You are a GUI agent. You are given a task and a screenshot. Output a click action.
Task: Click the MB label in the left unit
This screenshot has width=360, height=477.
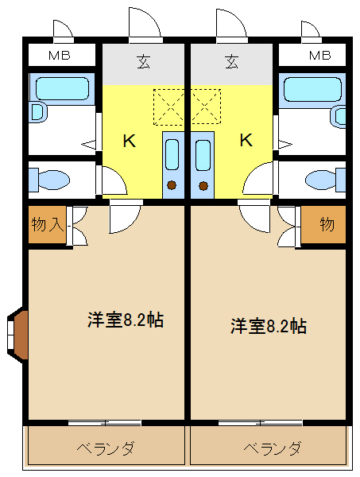(60, 56)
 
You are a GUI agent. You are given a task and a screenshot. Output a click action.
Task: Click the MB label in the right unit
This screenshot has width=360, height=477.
(319, 56)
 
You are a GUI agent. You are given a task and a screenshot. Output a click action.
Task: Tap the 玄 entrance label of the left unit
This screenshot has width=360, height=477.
(144, 61)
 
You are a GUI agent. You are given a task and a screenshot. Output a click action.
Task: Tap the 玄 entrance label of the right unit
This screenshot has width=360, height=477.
(232, 61)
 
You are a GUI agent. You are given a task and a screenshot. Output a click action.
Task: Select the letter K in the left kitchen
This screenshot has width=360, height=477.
(130, 141)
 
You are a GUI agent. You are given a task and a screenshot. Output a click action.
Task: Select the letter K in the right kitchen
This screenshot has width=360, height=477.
(246, 140)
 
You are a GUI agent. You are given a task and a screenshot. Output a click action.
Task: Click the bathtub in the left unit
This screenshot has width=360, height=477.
(62, 88)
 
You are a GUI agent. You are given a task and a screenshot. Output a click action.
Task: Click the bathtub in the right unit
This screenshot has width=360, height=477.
(312, 89)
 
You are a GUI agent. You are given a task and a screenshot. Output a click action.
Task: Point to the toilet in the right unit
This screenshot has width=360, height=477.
(325, 180)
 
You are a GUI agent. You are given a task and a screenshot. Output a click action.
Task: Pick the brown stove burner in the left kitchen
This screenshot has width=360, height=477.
(172, 185)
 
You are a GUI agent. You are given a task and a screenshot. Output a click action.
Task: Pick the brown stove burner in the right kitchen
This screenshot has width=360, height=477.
(203, 185)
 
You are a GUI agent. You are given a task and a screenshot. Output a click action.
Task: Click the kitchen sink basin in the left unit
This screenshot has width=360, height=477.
(172, 154)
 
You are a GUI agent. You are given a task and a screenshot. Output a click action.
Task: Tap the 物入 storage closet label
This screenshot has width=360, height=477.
(48, 224)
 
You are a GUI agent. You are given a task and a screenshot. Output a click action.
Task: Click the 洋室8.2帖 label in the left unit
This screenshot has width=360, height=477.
(126, 320)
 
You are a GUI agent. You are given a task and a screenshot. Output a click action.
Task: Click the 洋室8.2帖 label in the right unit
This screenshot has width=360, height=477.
(269, 326)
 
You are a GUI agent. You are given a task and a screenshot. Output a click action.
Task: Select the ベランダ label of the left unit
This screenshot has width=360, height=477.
(105, 448)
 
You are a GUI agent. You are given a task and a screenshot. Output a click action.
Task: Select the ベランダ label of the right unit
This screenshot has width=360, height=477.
(273, 448)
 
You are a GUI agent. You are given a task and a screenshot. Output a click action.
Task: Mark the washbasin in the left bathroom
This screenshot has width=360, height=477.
(37, 112)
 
